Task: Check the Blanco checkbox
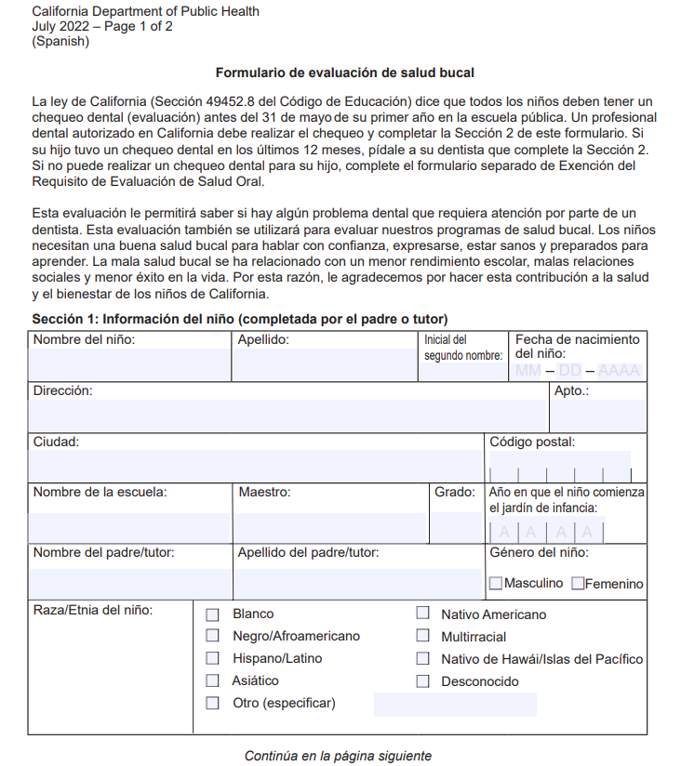coord(212,614)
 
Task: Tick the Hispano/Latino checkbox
coord(212,659)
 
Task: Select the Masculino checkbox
coord(496,584)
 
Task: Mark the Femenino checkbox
coord(578,584)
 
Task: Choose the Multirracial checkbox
coord(422,637)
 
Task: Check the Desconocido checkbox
coord(422,681)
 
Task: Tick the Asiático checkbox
coord(212,681)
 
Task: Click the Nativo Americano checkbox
coord(422,614)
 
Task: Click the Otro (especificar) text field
coord(454,704)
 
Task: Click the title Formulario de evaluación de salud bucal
coord(345,73)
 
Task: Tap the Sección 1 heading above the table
coord(240,319)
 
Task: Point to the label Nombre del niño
coord(84,339)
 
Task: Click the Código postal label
coord(532,442)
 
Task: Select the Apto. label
coord(571,390)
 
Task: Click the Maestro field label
coord(264,492)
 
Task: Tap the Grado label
coord(455,492)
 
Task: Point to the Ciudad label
coord(56,442)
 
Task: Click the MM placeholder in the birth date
coord(527,371)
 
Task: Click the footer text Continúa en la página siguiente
coord(338,756)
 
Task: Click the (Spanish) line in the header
coord(60,41)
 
